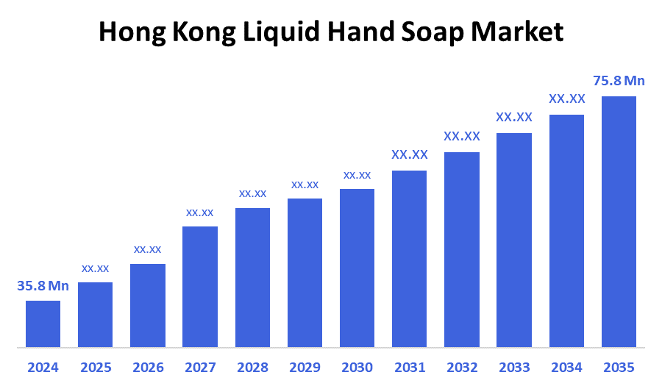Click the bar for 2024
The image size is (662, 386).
(43, 324)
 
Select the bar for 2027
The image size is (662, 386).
(200, 287)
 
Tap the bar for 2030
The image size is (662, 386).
(357, 268)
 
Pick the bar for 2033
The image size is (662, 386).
(514, 240)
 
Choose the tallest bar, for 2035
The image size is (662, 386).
(619, 221)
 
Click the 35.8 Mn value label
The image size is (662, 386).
(43, 286)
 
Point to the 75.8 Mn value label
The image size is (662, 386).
(619, 81)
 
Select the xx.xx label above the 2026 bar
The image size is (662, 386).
(147, 249)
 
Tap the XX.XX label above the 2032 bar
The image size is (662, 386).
(462, 136)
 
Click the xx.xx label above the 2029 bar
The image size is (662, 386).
(305, 185)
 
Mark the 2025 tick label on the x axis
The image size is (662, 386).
(95, 367)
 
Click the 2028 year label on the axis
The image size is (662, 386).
(252, 367)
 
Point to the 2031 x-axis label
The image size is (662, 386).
(409, 367)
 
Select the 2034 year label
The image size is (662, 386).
(566, 367)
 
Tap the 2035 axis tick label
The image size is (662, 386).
(619, 367)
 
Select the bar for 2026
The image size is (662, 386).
(147, 305)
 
